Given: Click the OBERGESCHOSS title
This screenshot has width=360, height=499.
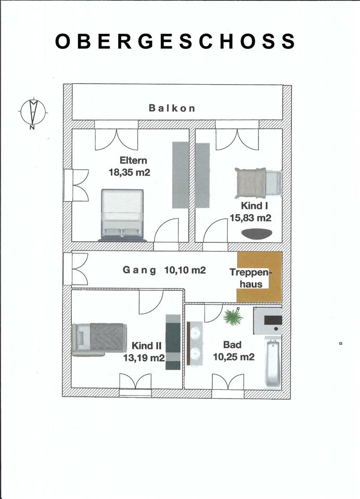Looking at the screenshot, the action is point(175,42).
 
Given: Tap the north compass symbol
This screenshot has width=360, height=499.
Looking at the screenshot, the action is point(33,113).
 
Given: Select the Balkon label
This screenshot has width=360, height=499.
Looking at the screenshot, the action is point(172,108).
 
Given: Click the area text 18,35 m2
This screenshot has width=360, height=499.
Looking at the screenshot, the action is point(130,173).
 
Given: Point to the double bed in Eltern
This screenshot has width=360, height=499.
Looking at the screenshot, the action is point(122,215).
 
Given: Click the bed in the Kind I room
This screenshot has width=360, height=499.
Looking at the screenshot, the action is point(259,183).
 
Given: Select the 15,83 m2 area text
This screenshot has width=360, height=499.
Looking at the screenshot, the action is point(251,218).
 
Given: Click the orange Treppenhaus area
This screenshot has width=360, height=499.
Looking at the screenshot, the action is point(259,277).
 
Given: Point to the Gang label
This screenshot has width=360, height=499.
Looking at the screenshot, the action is point(139,270).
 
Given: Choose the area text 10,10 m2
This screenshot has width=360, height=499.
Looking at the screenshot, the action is point(185,270).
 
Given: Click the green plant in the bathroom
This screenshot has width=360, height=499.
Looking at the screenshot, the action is point(233,317).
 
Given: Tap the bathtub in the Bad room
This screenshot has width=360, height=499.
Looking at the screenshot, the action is point(273,362).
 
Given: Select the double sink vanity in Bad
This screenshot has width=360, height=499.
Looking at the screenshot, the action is point(195,344).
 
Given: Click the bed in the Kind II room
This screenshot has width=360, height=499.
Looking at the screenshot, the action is point(99,339).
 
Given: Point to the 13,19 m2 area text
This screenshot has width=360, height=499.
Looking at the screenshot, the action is point(144,358).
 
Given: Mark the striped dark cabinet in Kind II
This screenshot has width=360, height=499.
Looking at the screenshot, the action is point(173,342).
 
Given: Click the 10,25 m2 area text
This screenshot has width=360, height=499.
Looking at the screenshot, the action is point(234,357).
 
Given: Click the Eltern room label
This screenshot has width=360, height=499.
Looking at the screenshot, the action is point(133,160).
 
